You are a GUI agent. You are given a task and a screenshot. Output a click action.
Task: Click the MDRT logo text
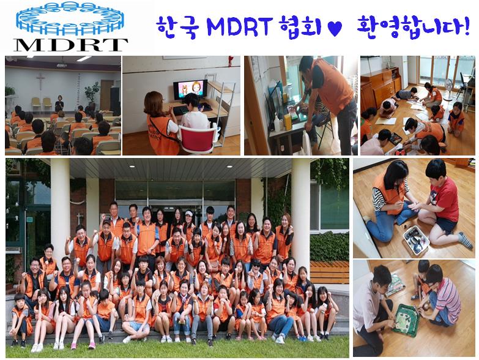(70, 45)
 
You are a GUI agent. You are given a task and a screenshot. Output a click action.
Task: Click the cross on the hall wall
(40, 80)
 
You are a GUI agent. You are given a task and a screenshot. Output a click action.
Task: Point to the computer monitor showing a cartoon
(190, 89)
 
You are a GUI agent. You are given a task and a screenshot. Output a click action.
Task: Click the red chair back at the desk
(198, 140)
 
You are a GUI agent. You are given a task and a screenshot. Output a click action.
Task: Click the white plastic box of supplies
(416, 239)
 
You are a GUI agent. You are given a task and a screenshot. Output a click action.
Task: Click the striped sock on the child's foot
(466, 240)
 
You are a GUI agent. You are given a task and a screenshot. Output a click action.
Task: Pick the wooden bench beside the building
(329, 272)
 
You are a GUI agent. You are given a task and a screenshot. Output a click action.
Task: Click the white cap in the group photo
(189, 213)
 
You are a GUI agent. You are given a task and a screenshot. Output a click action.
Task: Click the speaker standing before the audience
(59, 103)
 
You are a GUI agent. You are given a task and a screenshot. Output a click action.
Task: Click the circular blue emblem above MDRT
(70, 18)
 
